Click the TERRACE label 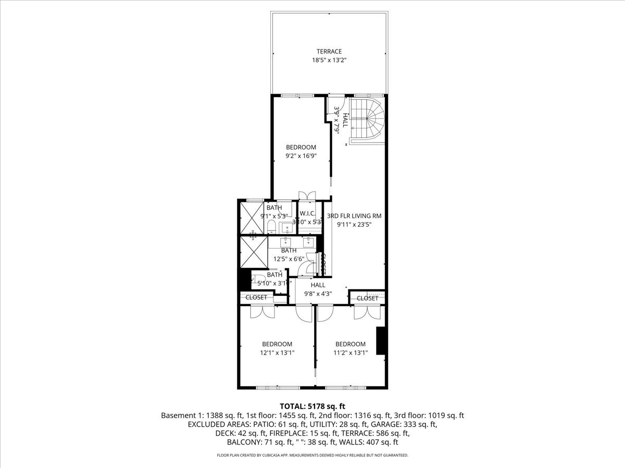pos(329,51)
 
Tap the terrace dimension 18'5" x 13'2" pos(329,60)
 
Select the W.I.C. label pos(307,213)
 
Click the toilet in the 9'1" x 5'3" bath pos(271,226)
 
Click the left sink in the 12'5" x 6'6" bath pos(287,241)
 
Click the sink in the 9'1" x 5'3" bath pos(287,227)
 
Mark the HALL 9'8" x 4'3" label pos(318,285)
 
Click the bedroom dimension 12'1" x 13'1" pos(277,353)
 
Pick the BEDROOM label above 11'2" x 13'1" pos(350,344)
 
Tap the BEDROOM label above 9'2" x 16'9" pos(301,147)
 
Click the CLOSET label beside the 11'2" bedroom pos(367,298)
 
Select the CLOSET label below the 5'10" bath pos(256,297)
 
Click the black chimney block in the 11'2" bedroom pos(381,341)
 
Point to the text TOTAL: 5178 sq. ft pos(312,406)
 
